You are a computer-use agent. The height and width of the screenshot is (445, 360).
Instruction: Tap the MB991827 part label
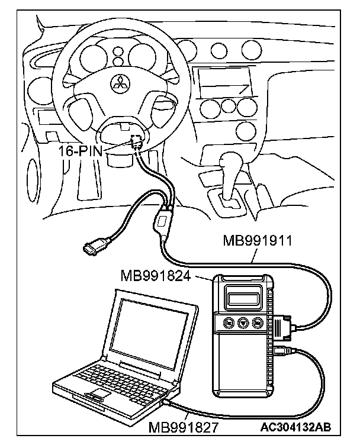click(182, 427)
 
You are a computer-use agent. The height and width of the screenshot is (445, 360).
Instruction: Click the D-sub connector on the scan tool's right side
click(282, 327)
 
